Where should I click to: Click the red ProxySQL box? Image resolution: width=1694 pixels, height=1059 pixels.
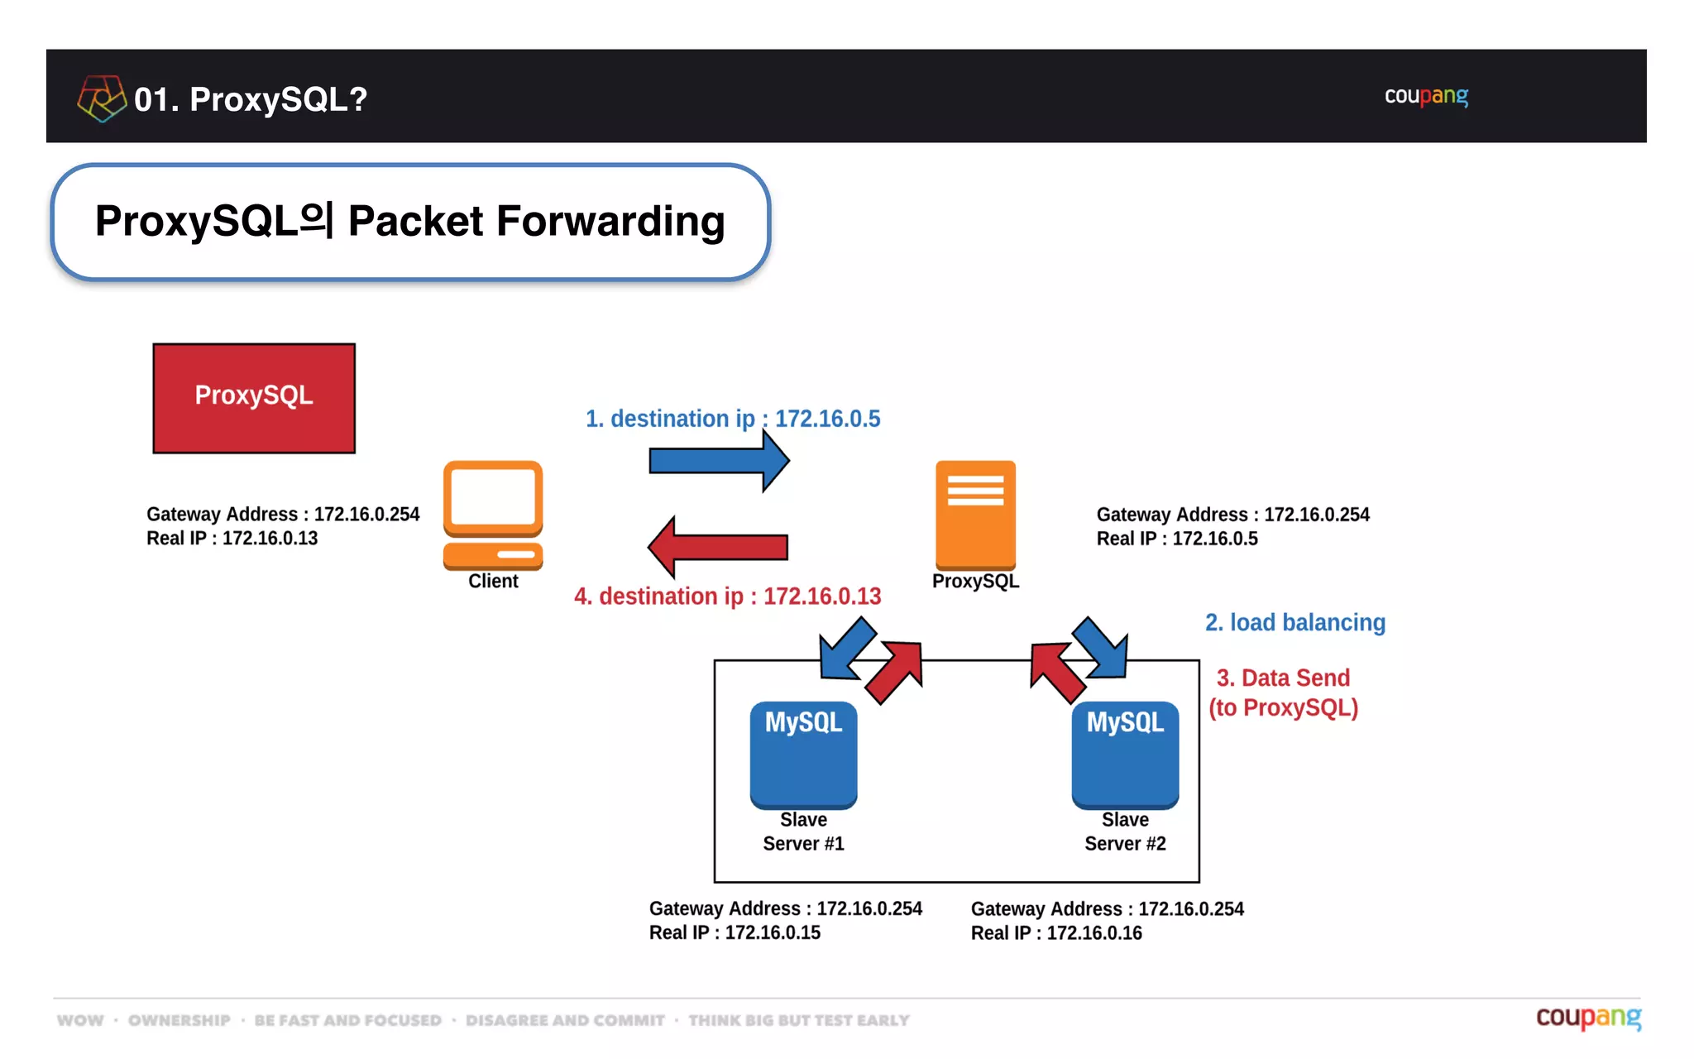[254, 398]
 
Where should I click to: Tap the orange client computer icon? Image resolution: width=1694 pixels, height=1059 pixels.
[493, 514]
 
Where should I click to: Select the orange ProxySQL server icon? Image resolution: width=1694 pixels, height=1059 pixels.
[975, 514]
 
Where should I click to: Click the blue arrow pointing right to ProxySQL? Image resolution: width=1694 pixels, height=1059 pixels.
[718, 461]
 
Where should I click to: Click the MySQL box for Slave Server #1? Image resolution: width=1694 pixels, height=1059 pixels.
[803, 754]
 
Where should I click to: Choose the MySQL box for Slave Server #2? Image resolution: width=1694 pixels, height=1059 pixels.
[1125, 754]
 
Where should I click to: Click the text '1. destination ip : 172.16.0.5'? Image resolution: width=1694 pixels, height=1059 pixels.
[733, 419]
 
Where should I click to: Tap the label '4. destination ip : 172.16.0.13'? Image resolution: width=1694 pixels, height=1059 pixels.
[727, 596]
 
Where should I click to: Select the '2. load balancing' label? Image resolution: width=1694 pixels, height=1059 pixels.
[1294, 622]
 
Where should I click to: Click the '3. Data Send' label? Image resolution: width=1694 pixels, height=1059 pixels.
[1283, 678]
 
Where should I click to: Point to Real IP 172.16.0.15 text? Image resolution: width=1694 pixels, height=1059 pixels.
[735, 932]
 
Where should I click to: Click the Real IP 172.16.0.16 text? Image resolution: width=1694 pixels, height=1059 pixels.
[1056, 932]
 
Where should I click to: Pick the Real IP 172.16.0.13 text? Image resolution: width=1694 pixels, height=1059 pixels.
[232, 538]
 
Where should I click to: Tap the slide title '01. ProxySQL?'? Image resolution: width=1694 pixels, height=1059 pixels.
[250, 99]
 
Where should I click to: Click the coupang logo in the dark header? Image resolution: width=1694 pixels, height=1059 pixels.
[1426, 96]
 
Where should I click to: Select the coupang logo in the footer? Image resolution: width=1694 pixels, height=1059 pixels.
[1587, 1017]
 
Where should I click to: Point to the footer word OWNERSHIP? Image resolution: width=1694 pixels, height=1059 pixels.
[179, 1020]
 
